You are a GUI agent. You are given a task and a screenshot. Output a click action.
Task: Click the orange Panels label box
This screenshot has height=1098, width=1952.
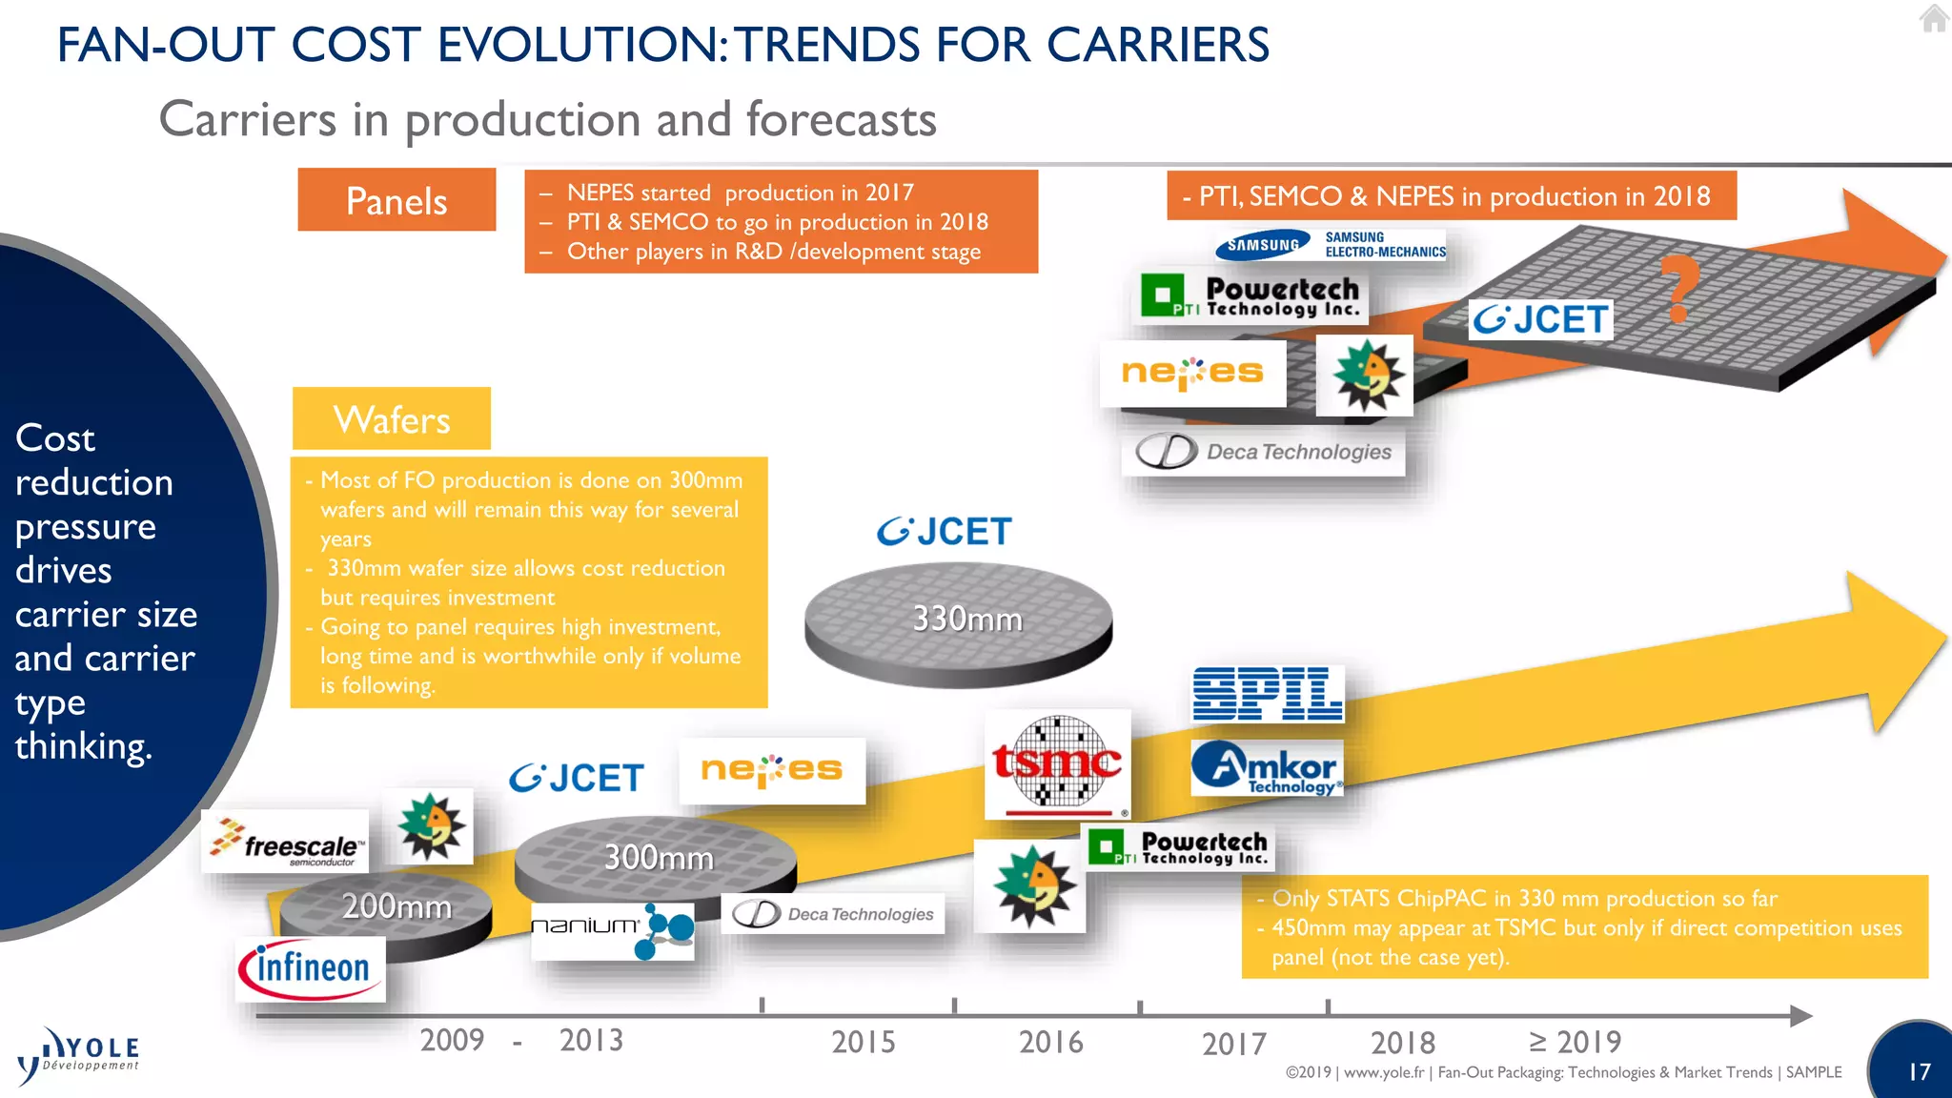coord(396,200)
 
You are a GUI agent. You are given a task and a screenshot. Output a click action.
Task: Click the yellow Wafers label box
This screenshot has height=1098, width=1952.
coord(392,419)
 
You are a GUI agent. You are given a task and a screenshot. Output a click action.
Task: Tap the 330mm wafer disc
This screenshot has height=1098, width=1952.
coord(958,623)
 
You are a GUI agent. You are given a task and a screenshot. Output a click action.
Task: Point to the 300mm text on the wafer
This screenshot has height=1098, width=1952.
coord(659,858)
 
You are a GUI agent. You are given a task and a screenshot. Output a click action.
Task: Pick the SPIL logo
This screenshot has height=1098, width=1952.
coord(1268,694)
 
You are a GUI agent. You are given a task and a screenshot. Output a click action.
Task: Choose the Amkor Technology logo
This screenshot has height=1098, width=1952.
coord(1267,768)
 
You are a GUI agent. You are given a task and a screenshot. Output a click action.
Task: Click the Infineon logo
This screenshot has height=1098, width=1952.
coord(310,968)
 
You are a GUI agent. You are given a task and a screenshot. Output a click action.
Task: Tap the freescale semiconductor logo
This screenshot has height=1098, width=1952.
coord(285,842)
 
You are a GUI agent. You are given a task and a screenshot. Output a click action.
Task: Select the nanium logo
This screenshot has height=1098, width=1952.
coord(612,930)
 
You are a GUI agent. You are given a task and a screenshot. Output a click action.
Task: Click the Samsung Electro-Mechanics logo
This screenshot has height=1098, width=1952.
coord(1331,245)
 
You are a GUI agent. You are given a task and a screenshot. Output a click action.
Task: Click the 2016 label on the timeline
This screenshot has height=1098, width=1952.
coord(1050,1042)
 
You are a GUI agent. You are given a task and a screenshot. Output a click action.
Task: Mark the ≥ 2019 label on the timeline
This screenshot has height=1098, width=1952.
coord(1575,1042)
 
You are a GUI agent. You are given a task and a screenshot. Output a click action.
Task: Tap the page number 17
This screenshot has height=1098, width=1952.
coord(1919,1072)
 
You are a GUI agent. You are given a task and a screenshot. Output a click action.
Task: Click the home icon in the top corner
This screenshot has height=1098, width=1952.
coord(1934,18)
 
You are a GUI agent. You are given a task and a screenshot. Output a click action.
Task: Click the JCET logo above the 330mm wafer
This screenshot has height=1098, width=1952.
coord(945,532)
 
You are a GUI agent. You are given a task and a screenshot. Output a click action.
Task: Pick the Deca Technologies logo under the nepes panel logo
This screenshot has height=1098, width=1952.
coord(1264,452)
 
